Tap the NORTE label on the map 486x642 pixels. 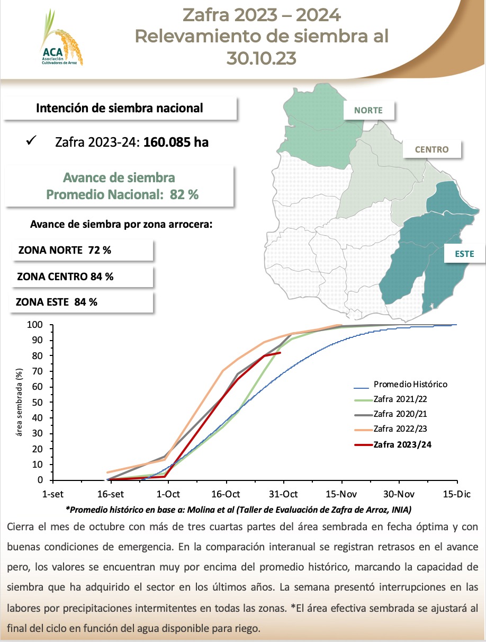(x=368, y=110)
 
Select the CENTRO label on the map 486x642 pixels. (x=431, y=149)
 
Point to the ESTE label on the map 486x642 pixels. (x=464, y=254)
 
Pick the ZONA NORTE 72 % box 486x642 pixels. (x=82, y=251)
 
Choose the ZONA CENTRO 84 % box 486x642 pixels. (x=82, y=277)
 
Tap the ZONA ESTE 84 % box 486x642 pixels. (x=82, y=302)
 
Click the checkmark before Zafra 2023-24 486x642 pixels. (x=31, y=141)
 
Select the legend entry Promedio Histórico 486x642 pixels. (x=410, y=384)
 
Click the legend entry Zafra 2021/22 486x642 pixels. (x=400, y=399)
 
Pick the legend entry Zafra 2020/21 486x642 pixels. (x=400, y=414)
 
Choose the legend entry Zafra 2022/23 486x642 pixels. (x=400, y=429)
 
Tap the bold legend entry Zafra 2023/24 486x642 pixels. (x=402, y=444)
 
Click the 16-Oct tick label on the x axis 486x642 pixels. (x=226, y=494)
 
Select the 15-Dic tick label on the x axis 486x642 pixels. (x=456, y=494)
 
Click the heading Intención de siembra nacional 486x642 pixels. (x=119, y=108)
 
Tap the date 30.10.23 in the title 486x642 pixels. (x=261, y=57)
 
